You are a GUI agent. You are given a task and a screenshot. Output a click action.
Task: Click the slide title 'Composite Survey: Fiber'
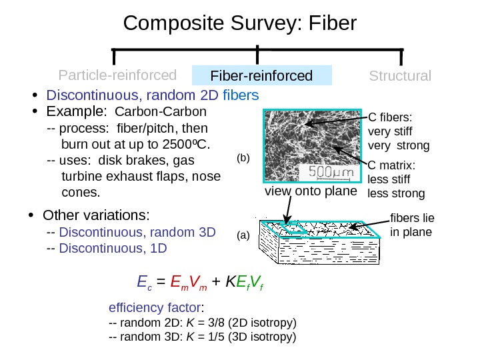[240, 25]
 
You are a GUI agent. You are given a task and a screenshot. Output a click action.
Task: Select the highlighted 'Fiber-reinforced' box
[261, 75]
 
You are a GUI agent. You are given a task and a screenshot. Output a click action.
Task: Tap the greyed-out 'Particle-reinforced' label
[117, 74]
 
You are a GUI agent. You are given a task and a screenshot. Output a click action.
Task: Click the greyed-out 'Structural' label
[400, 75]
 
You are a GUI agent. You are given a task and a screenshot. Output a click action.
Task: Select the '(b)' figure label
[243, 159]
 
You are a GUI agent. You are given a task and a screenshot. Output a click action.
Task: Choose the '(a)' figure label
[243, 236]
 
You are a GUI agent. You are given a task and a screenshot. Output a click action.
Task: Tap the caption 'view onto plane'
[311, 192]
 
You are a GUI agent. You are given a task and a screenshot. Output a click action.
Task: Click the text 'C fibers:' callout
[391, 117]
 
